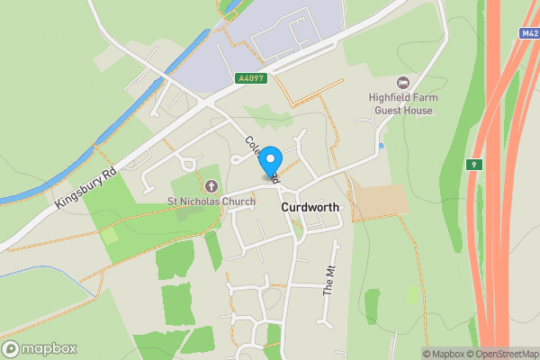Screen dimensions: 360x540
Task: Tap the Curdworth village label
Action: click(310, 207)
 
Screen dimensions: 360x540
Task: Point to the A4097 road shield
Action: click(251, 78)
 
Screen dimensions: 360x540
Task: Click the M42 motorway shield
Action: click(529, 33)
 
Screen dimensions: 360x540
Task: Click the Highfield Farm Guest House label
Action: click(400, 104)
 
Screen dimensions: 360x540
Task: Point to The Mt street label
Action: click(328, 283)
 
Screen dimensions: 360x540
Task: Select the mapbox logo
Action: click(40, 349)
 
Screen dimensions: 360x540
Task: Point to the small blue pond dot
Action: click(382, 145)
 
